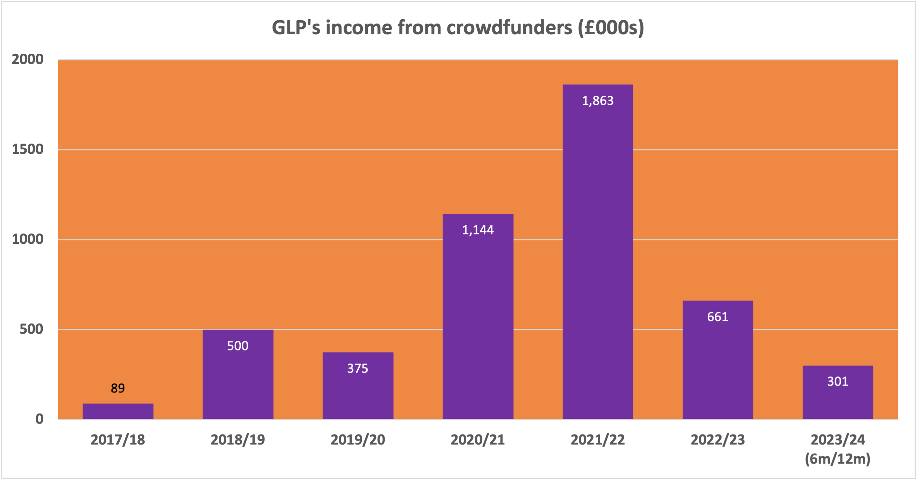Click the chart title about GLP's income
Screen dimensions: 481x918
pyautogui.click(x=458, y=28)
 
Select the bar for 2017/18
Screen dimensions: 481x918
pyautogui.click(x=118, y=411)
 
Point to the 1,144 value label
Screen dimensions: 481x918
pyautogui.click(x=478, y=230)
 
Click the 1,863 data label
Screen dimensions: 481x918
pyautogui.click(x=598, y=101)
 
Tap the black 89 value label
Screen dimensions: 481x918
pyautogui.click(x=118, y=388)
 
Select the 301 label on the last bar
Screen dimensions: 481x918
pyautogui.click(x=837, y=382)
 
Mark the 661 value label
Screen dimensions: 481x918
pyautogui.click(x=718, y=317)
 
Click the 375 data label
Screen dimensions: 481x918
pyautogui.click(x=358, y=369)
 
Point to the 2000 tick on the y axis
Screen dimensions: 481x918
pyautogui.click(x=28, y=59)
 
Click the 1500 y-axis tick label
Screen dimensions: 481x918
pyautogui.click(x=28, y=149)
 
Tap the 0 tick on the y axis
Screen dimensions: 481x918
pyautogui.click(x=40, y=419)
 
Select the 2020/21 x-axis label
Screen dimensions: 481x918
pyautogui.click(x=478, y=440)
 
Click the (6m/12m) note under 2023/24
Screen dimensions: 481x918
pyautogui.click(x=837, y=459)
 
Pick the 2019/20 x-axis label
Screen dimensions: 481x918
pyautogui.click(x=358, y=440)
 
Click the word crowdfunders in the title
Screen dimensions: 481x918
pyautogui.click(x=509, y=28)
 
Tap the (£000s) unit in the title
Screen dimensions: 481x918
pyautogui.click(x=611, y=28)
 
